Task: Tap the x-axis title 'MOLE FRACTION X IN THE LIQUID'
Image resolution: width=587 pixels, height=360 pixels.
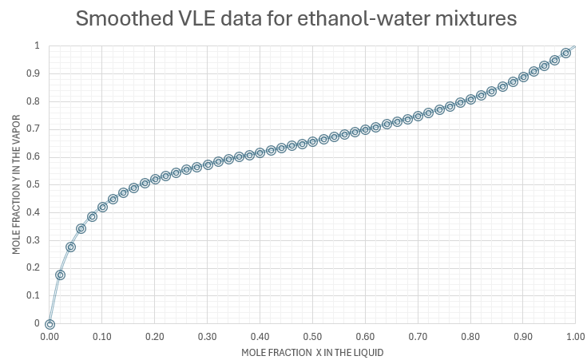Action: tap(307, 352)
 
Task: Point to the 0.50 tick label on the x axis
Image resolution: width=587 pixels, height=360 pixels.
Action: tap(312, 337)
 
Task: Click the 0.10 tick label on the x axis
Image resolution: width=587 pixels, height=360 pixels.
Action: tap(102, 337)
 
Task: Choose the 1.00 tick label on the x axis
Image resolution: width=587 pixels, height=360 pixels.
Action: tap(575, 337)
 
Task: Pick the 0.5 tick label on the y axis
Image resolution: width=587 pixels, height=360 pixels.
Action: tap(34, 184)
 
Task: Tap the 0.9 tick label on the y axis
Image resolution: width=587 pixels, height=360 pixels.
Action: tap(34, 73)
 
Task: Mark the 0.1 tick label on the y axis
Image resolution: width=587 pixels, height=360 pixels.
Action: tap(34, 295)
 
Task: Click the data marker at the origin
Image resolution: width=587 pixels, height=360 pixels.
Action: tap(50, 324)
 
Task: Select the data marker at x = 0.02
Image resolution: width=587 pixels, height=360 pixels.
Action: tap(60, 275)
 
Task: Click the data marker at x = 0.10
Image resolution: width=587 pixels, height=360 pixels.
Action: tap(102, 207)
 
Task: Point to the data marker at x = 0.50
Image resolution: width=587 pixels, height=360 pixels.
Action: tap(312, 141)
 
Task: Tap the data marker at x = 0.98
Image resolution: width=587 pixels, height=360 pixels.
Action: tap(565, 53)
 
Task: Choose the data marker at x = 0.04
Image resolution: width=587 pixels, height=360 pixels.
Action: tap(70, 247)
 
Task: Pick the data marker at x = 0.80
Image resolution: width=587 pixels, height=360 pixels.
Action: tap(470, 99)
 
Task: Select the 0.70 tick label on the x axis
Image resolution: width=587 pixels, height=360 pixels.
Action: tap(418, 337)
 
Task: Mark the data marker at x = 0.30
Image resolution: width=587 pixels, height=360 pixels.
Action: tap(208, 164)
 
